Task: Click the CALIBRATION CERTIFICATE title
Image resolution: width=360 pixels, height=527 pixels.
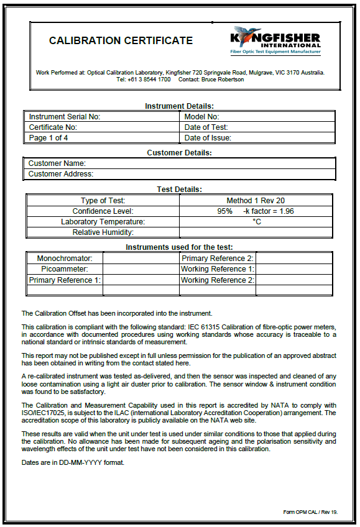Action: click(121, 41)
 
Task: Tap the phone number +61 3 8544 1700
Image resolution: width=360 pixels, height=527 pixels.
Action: click(143, 80)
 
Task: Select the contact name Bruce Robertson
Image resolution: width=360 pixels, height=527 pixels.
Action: click(223, 80)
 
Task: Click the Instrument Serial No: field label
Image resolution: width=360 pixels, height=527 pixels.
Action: click(65, 116)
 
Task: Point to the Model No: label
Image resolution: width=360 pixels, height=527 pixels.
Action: click(201, 116)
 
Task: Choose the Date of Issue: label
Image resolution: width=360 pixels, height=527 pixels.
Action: click(208, 138)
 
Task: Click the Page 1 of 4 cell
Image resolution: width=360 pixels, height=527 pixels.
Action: click(48, 138)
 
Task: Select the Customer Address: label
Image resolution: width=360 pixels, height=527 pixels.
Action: click(61, 174)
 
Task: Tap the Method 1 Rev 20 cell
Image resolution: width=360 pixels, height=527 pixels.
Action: click(256, 201)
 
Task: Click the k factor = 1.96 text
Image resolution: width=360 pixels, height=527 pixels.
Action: click(269, 211)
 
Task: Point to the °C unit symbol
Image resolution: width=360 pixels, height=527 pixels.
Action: click(256, 222)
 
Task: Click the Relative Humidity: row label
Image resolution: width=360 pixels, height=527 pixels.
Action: click(103, 232)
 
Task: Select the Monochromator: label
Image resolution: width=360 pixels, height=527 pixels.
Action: click(65, 258)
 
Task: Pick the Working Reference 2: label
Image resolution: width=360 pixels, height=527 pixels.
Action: click(218, 280)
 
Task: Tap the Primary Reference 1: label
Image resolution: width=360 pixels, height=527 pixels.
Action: click(65, 280)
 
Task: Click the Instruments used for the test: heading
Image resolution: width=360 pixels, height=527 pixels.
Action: click(179, 247)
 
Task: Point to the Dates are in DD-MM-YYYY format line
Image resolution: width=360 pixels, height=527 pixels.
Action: click(72, 462)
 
